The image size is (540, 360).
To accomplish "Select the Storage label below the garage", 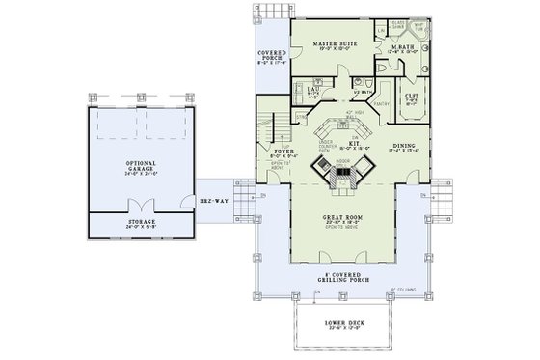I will [142, 223].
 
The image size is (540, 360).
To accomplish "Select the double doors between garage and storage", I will [142, 206].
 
